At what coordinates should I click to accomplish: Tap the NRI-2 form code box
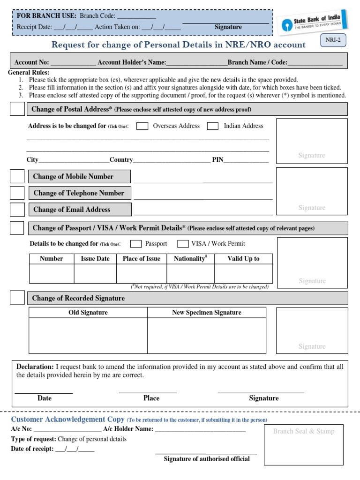(333, 41)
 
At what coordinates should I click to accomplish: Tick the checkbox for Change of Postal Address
(17, 109)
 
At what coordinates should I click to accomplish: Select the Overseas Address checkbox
(142, 126)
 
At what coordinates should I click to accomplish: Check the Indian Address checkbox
(212, 126)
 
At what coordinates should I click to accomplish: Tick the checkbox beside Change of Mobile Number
(17, 176)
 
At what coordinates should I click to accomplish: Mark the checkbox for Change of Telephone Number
(17, 193)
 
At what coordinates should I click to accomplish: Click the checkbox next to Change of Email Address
(17, 209)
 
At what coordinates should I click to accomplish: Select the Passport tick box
(136, 244)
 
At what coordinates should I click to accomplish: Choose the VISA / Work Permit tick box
(183, 244)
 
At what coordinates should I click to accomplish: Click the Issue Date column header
(95, 259)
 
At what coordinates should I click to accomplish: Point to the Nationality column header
(190, 259)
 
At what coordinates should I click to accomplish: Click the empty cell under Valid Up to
(243, 273)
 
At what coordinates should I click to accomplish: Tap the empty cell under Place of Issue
(141, 273)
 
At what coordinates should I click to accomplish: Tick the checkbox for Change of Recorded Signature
(17, 298)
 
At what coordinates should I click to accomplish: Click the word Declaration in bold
(35, 367)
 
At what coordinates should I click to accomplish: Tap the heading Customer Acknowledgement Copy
(67, 420)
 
